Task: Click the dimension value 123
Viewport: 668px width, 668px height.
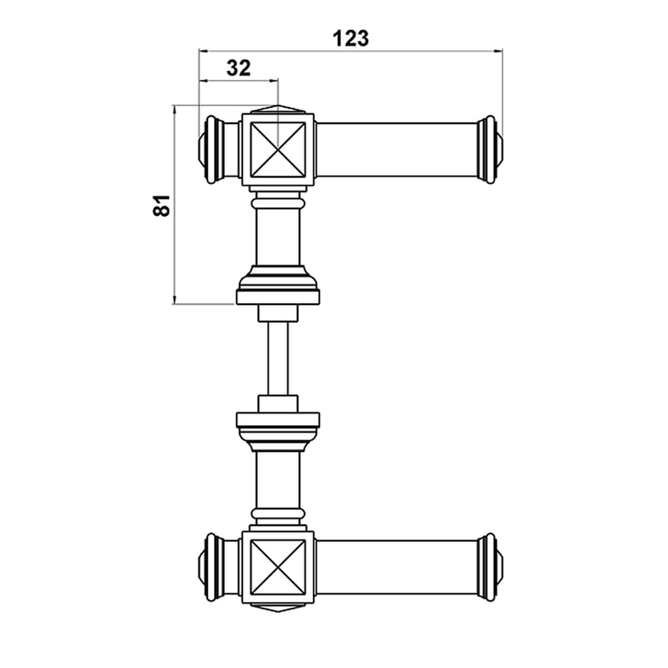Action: [x=351, y=39]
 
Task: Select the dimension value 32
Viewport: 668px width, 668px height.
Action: [x=239, y=68]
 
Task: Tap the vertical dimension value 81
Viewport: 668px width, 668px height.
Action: [x=163, y=205]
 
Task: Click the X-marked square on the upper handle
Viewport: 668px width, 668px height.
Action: [x=278, y=150]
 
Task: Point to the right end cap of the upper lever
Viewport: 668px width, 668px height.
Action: [x=490, y=150]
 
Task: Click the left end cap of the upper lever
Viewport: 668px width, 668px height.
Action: [x=211, y=150]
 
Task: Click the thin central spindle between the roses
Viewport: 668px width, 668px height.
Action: [x=278, y=358]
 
